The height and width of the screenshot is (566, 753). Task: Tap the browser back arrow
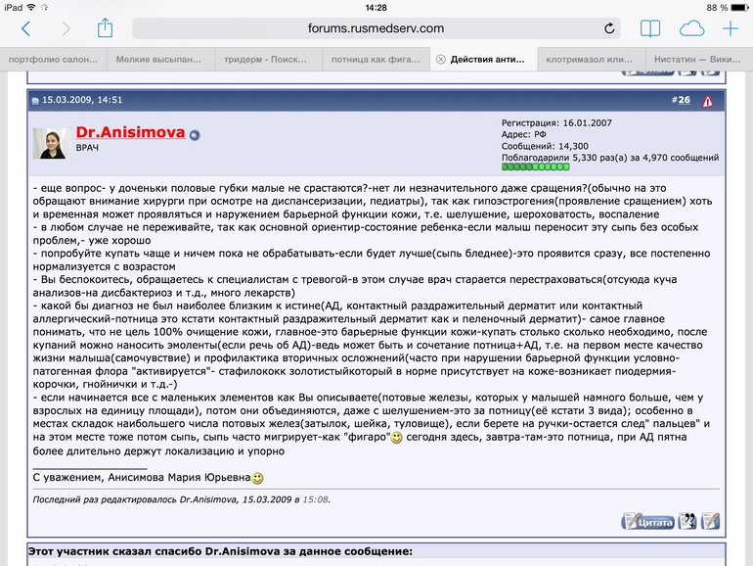(25, 29)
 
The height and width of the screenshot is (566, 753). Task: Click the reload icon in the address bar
(609, 29)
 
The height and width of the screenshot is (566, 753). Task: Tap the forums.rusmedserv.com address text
(376, 29)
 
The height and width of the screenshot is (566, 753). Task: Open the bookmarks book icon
(650, 29)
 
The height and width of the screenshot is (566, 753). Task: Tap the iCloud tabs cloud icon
(691, 29)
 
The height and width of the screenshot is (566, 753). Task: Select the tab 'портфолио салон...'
(54, 59)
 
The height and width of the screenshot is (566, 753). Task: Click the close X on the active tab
(440, 59)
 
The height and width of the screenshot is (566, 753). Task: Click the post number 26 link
(683, 100)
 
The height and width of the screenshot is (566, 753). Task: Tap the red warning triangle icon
(707, 100)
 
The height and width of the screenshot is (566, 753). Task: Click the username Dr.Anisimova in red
(130, 132)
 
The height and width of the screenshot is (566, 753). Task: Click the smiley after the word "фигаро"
(396, 439)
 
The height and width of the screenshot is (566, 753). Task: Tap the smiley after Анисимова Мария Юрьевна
(257, 479)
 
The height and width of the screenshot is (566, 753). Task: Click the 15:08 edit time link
(315, 499)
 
